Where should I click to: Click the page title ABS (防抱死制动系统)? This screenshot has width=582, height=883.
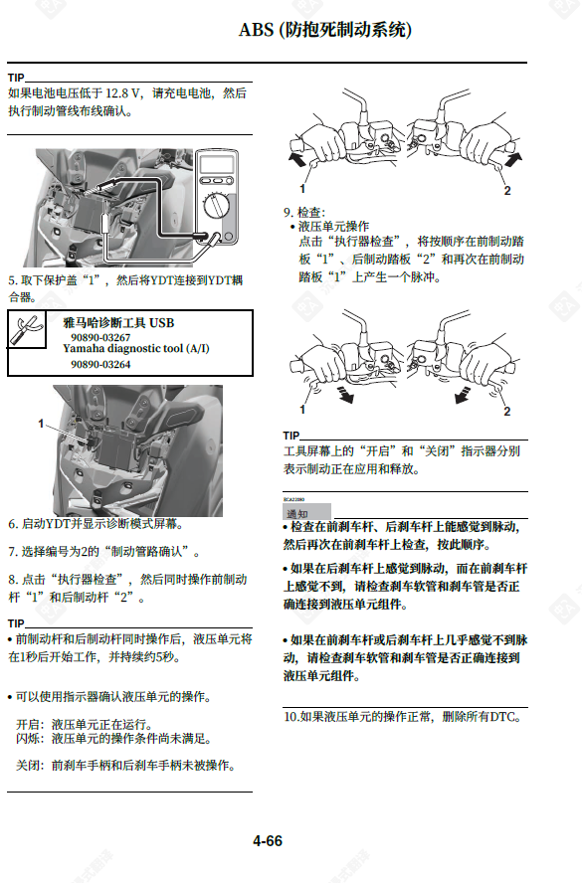pos(325,30)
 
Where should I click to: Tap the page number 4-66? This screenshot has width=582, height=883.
pos(268,841)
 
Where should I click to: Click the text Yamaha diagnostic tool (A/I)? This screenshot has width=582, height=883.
pos(136,350)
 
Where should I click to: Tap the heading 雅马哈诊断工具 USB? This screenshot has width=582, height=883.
pos(118,323)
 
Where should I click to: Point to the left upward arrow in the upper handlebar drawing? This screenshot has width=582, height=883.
pos(297,157)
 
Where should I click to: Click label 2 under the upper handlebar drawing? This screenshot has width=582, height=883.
pos(507,189)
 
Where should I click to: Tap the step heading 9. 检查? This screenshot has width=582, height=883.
pos(303,212)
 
